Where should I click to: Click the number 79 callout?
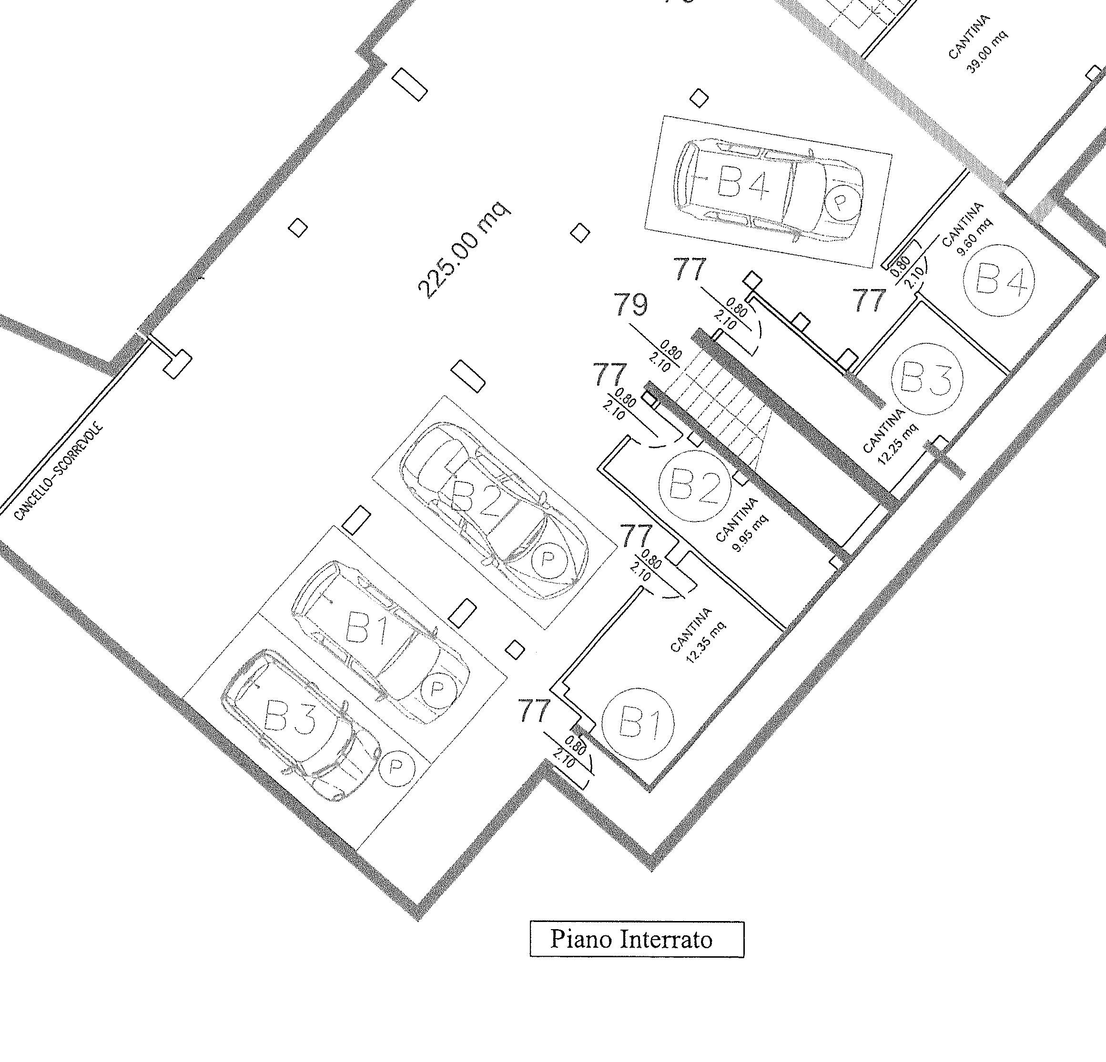click(630, 305)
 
